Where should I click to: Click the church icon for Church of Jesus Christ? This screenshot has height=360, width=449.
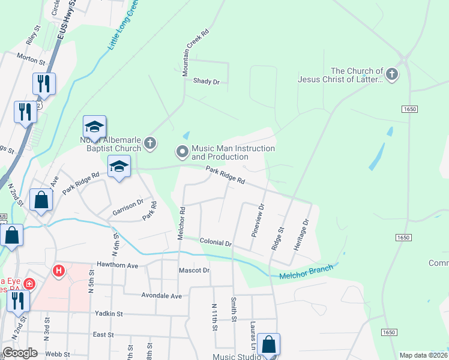coord(392,74)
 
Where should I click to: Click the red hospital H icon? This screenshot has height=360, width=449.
coord(59,271)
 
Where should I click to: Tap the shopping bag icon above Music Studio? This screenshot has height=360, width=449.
coord(270,345)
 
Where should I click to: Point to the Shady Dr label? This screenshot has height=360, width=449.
coord(206,81)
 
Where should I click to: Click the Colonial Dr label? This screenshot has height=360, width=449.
coord(215,243)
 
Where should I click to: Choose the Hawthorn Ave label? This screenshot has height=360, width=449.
coord(118,265)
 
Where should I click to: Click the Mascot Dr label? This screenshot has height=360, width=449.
coord(194,271)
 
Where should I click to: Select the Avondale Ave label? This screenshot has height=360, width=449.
coord(161,296)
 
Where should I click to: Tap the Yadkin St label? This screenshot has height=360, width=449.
coord(108,313)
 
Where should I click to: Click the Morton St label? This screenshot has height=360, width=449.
coord(31,59)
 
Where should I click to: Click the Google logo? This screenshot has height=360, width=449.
coord(20,353)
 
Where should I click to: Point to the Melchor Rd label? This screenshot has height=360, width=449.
coord(181,224)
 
